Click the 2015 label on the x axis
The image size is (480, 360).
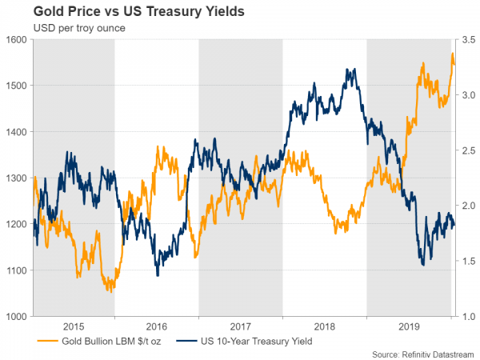tap(73, 326)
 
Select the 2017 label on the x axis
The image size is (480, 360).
tap(241, 326)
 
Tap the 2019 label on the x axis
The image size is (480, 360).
tap(409, 326)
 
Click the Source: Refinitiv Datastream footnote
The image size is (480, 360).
tap(422, 353)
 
